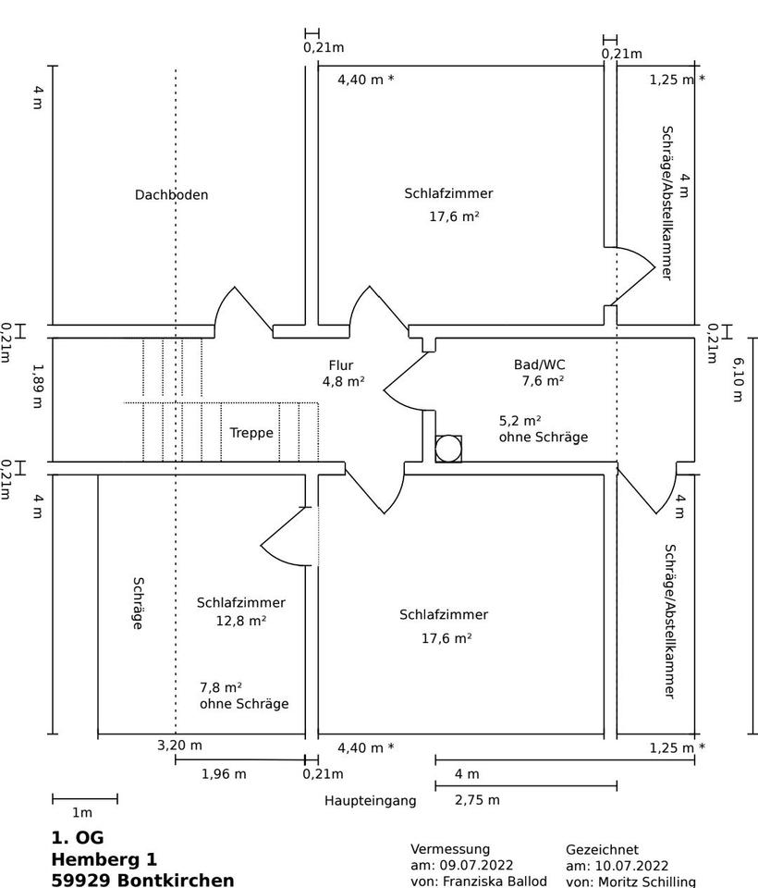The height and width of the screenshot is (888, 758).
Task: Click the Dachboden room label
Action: click(171, 195)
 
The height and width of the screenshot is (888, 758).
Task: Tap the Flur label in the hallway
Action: click(340, 365)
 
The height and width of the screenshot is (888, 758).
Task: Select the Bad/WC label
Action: click(539, 364)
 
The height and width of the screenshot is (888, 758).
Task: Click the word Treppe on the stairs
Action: click(251, 432)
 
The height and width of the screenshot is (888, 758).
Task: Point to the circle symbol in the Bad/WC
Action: click(448, 449)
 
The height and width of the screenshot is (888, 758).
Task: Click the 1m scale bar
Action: click(85, 798)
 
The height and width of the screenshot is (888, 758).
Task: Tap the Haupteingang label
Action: click(370, 801)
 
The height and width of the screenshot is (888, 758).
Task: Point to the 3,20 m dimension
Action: click(179, 746)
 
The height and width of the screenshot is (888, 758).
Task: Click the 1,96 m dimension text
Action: click(224, 774)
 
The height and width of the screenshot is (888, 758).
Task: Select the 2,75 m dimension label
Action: click(477, 800)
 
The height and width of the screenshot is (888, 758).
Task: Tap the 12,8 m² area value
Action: click(240, 621)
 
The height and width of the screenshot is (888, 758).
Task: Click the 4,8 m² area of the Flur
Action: click(343, 380)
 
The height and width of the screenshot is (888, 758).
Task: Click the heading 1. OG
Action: click(78, 838)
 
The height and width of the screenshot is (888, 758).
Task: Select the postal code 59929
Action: click(82, 880)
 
